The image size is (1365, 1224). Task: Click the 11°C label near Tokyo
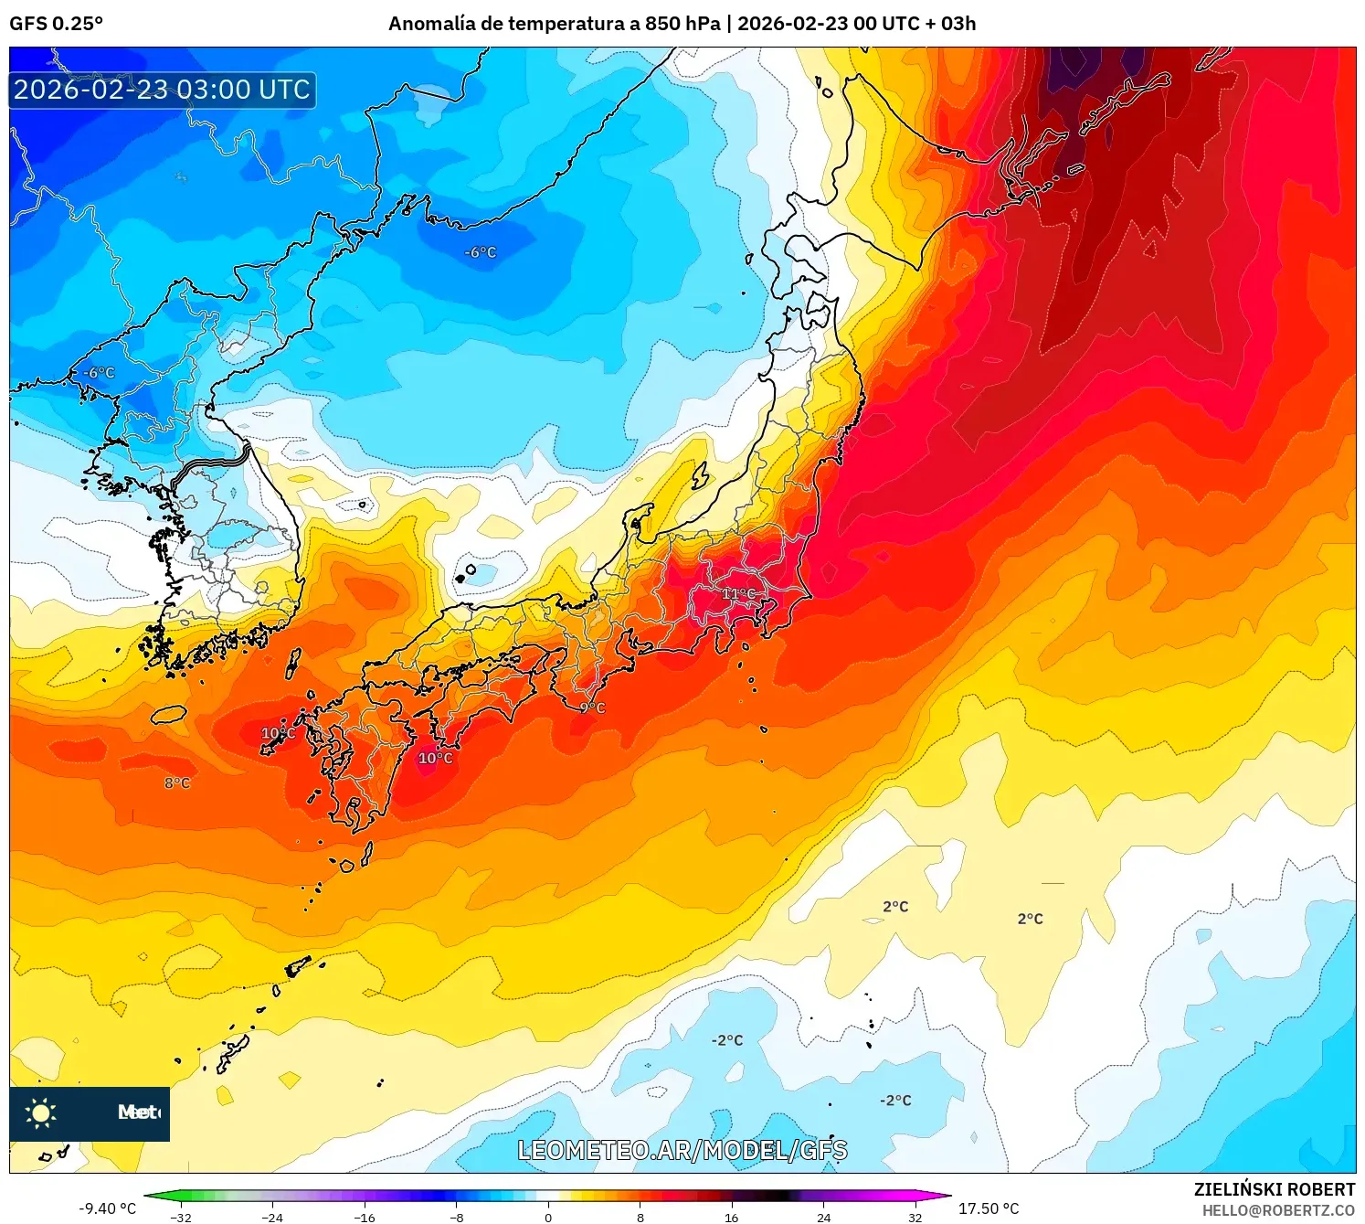point(739,594)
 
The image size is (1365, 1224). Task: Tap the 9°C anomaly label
point(593,708)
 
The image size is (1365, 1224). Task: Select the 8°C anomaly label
point(177,783)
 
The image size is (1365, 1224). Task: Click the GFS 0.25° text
point(57,24)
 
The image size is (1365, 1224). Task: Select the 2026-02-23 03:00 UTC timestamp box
point(163,90)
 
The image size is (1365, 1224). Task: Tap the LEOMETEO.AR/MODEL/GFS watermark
point(682,1150)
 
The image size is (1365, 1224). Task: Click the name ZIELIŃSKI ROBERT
point(1275,1189)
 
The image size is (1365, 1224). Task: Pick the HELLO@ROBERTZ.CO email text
point(1278,1210)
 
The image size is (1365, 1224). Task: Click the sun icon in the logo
point(41,1112)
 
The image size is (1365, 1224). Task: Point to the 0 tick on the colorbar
point(548,1217)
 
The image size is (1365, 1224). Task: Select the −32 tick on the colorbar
point(181,1217)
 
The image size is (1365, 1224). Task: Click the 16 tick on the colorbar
point(731,1217)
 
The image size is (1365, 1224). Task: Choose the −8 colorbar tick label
point(457,1217)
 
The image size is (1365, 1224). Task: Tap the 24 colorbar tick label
point(823,1217)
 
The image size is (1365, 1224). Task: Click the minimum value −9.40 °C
point(107,1208)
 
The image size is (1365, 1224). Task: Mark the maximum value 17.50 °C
point(989,1208)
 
